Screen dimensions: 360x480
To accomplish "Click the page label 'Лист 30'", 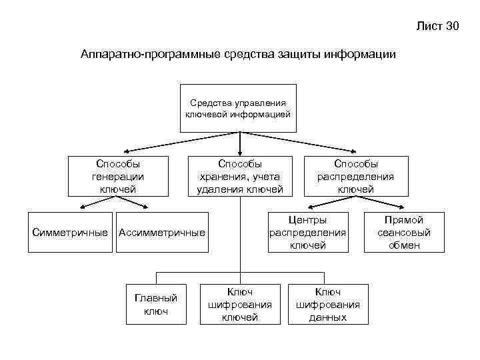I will (437, 27).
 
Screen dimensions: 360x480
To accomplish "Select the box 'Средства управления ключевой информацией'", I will (238, 108).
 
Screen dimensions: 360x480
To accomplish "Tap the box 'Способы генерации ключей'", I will (118, 176).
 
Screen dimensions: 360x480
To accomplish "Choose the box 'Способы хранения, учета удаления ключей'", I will (240, 176).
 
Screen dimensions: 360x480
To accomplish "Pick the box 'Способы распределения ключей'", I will (355, 176).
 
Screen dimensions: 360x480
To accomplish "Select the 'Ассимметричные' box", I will (161, 232).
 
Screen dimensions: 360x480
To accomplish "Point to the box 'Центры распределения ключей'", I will (308, 232).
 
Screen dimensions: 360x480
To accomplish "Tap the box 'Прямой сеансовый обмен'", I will (404, 232).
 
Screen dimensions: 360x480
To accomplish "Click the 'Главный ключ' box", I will (156, 305).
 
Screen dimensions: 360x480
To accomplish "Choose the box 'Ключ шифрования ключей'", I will (240, 305).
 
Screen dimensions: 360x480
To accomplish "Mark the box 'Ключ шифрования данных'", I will (328, 305).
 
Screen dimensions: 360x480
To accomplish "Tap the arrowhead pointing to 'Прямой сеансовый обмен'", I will (402, 210).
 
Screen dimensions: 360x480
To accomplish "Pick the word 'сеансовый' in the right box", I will (404, 233).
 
